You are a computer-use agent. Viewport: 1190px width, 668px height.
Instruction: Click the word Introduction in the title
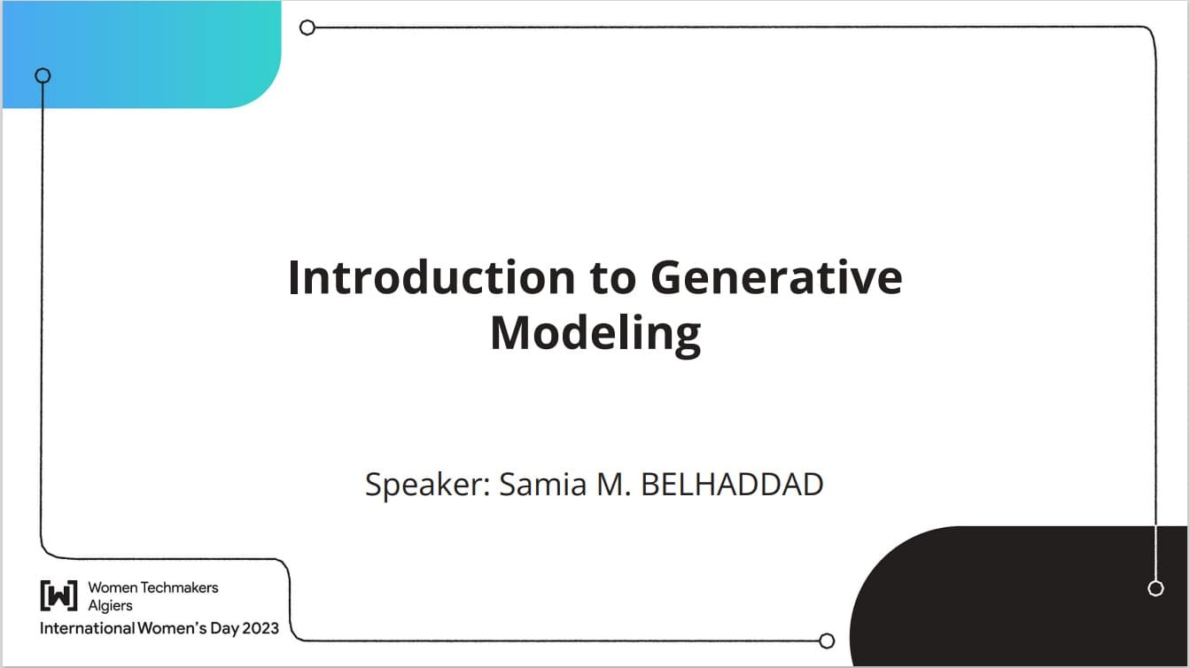[x=432, y=277]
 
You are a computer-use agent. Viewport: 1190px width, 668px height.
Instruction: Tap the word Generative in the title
[x=776, y=277]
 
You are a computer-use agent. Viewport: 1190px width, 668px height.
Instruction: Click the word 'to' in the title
[x=612, y=278]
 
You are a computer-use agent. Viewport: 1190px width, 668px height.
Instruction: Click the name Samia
[x=542, y=484]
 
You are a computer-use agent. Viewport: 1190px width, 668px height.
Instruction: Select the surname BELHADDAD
[x=732, y=485]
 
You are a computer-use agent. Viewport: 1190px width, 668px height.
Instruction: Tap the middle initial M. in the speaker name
[x=613, y=485]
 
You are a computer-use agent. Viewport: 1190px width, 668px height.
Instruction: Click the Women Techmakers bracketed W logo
[x=59, y=595]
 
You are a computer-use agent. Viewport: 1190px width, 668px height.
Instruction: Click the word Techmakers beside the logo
[x=180, y=587]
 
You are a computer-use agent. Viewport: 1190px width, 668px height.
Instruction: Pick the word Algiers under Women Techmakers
[x=110, y=605]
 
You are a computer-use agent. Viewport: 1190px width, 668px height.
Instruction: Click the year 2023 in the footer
[x=261, y=628]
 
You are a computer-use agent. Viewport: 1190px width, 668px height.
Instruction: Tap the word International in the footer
[x=88, y=628]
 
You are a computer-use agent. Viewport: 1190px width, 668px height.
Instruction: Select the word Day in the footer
[x=224, y=629]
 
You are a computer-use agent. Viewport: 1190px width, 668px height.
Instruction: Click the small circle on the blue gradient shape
[x=43, y=76]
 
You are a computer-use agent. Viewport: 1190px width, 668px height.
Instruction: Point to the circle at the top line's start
[x=307, y=27]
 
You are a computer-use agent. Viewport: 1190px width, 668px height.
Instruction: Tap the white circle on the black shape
[x=1155, y=588]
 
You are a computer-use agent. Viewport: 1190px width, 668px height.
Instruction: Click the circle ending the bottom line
[x=827, y=641]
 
